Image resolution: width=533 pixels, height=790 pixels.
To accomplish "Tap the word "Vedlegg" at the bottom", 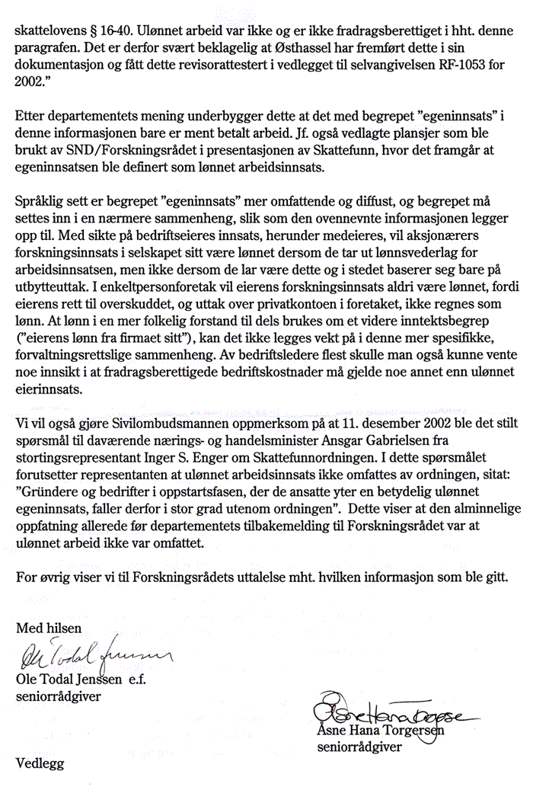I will tap(40, 762).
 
